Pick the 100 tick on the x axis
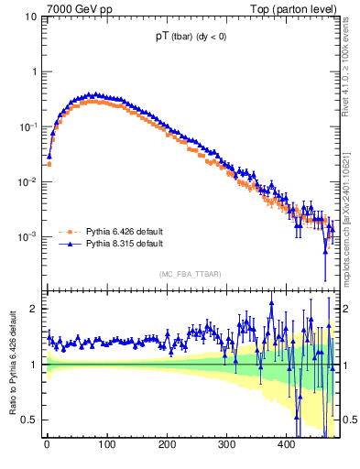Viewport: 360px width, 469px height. click(x=107, y=445)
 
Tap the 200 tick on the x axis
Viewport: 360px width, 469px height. click(x=168, y=445)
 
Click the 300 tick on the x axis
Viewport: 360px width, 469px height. click(x=227, y=445)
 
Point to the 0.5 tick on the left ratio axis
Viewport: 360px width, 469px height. click(x=29, y=420)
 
